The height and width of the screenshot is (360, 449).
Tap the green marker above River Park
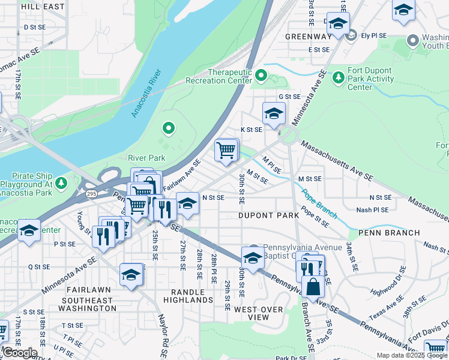click(169, 128)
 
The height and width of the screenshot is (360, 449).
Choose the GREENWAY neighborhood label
click(308, 37)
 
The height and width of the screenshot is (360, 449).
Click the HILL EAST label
click(42, 6)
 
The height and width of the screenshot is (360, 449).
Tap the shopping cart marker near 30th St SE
click(226, 151)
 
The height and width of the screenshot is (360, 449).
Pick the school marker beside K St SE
click(274, 113)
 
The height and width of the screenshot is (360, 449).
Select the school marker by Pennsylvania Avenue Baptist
click(253, 258)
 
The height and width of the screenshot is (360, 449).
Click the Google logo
click(19, 353)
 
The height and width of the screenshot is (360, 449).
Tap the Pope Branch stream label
click(319, 205)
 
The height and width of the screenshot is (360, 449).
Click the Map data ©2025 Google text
click(411, 355)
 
